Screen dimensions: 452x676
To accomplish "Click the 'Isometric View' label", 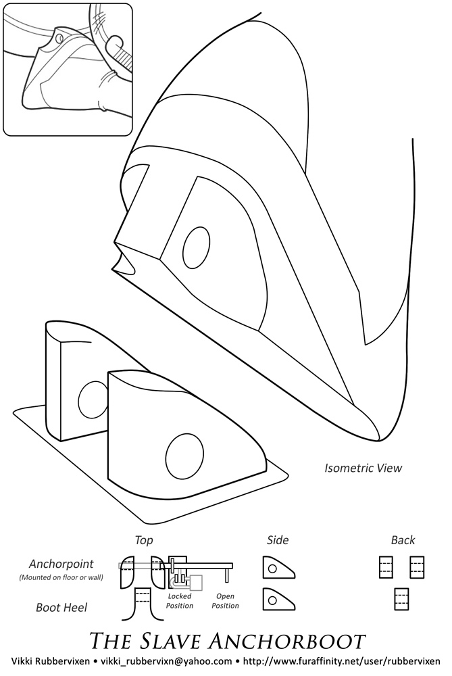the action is point(363,468).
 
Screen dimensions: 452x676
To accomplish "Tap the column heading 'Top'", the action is point(143,540).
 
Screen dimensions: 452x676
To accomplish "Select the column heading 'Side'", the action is point(278,539).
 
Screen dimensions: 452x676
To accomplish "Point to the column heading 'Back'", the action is point(403,539).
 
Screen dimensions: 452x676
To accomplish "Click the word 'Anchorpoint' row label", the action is point(61,564).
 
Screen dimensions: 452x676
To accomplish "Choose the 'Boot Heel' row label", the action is point(61,608).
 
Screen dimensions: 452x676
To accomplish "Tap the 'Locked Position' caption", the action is point(179,601).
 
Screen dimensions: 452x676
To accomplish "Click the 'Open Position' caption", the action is point(225,601).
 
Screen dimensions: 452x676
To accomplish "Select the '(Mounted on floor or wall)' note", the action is point(61,577).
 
